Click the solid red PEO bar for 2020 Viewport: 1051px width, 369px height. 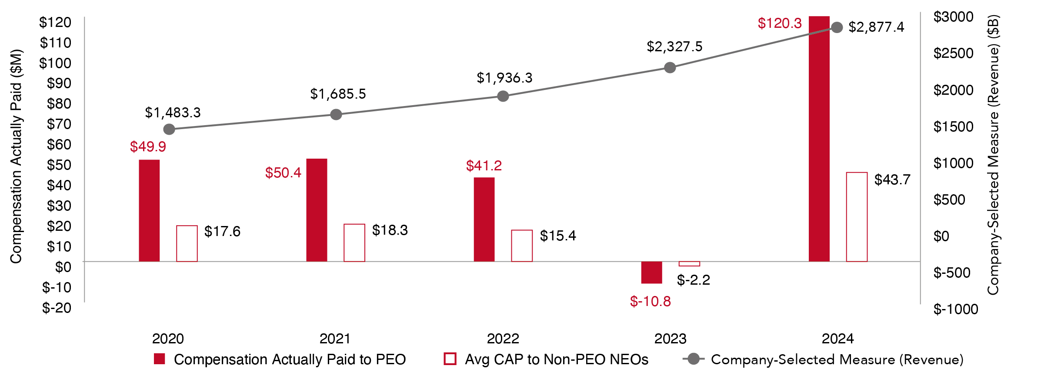click(x=149, y=211)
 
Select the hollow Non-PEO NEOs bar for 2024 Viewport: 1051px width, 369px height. click(x=857, y=217)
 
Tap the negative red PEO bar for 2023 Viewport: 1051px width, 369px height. click(x=651, y=273)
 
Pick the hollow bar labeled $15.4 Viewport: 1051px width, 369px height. click(x=522, y=246)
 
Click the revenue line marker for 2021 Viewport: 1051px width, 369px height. click(x=336, y=115)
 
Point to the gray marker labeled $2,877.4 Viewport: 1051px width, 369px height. click(x=837, y=28)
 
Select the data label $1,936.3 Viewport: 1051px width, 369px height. click(x=504, y=78)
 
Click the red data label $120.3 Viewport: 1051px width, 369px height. click(x=779, y=23)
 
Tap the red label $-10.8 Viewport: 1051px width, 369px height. click(x=650, y=301)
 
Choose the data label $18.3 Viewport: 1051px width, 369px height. click(x=390, y=230)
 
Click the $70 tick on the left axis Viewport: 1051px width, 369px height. click(x=59, y=124)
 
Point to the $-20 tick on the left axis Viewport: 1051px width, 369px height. click(x=57, y=308)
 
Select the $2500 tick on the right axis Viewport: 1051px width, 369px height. click(x=954, y=53)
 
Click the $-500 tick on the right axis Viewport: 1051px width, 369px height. click(x=952, y=273)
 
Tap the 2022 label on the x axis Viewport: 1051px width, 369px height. click(x=503, y=339)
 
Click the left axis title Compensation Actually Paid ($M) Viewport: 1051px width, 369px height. click(x=16, y=156)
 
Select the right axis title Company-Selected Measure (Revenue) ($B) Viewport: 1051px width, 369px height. click(x=994, y=155)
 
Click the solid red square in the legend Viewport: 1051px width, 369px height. click(x=160, y=359)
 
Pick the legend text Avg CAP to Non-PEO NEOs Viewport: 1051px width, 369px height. click(x=557, y=359)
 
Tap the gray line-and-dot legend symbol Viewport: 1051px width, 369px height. click(x=694, y=359)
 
